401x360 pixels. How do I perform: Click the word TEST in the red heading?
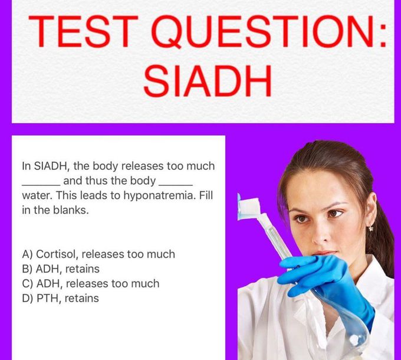83,31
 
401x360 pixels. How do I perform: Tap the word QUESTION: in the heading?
269,32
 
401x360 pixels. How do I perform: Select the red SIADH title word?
208,81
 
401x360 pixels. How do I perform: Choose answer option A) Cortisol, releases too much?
98,254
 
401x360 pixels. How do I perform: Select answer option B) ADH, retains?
61,269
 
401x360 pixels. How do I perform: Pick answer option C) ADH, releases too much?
91,283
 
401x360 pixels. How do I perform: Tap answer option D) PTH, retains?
61,299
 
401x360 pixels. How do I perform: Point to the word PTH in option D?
47,299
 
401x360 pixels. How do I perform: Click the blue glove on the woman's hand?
330,284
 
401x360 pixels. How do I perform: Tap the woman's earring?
371,228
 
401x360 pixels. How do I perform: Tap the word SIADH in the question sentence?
51,166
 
